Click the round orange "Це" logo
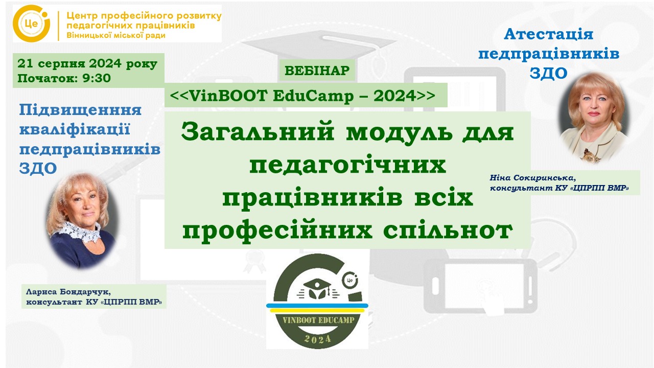[x=31, y=24]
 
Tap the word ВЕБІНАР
[x=317, y=71]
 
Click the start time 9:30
[x=97, y=78]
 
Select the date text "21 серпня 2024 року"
[x=87, y=63]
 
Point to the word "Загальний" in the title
[x=258, y=132]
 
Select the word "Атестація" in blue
[x=549, y=34]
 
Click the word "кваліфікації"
[x=75, y=129]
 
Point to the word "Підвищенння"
[x=80, y=110]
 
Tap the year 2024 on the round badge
[x=318, y=339]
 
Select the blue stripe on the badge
[x=317, y=306]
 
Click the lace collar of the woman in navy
[x=81, y=231]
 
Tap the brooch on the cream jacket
[x=590, y=155]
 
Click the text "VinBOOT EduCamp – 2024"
[x=302, y=96]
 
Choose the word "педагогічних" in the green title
[x=347, y=165]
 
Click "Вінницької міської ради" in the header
[x=116, y=36]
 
